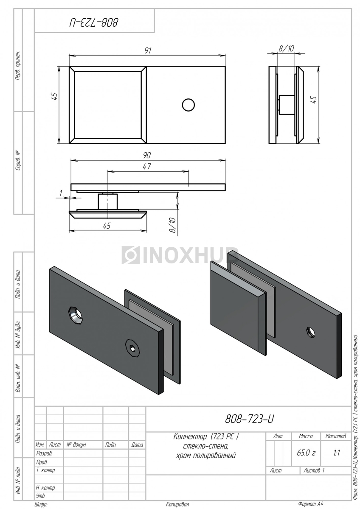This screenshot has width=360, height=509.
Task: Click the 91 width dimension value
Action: (x=148, y=50)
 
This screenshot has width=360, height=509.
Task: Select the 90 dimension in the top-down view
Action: (x=147, y=155)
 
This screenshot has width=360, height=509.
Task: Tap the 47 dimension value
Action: (x=147, y=167)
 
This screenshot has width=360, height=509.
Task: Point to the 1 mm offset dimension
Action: (x=61, y=193)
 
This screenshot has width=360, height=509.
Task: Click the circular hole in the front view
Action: (x=188, y=105)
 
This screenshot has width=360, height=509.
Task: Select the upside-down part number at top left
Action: (x=94, y=22)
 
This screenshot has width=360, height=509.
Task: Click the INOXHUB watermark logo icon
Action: (x=130, y=255)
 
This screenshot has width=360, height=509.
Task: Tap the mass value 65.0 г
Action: (x=306, y=453)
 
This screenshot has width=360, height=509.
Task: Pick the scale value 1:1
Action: (x=336, y=453)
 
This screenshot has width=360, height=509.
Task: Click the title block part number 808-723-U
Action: (x=250, y=419)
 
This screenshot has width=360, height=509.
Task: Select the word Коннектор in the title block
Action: (x=190, y=436)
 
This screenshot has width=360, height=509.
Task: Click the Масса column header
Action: (x=306, y=436)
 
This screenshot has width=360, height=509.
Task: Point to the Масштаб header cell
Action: (x=336, y=436)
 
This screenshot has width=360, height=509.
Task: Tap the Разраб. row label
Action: (x=44, y=453)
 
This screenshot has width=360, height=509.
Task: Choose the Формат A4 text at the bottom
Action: (x=310, y=504)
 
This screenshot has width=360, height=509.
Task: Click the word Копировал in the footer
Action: (x=177, y=504)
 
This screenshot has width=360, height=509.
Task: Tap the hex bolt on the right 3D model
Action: (x=310, y=332)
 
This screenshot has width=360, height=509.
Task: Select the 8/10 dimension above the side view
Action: (x=286, y=48)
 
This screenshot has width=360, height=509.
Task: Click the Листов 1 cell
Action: (x=314, y=470)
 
